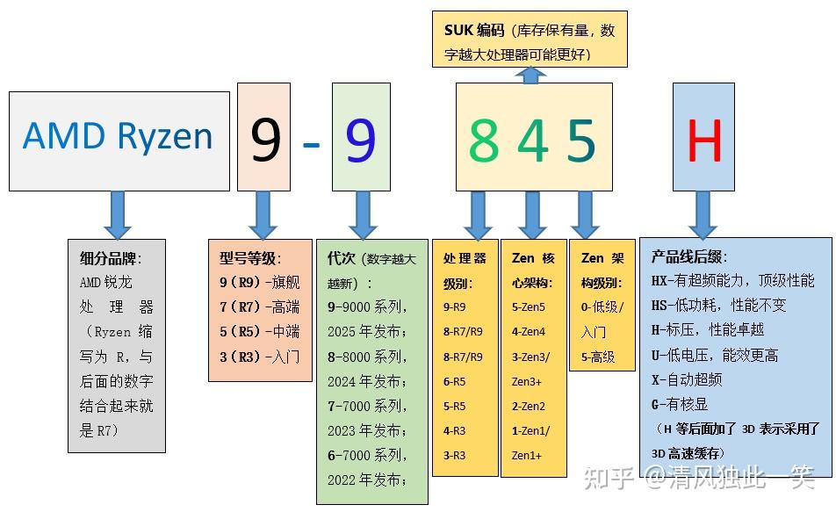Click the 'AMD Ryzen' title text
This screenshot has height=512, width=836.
pyautogui.click(x=118, y=137)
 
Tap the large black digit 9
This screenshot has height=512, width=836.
pyautogui.click(x=264, y=140)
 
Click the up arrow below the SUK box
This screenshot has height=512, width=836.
pyautogui.click(x=530, y=76)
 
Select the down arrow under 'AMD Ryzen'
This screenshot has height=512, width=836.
pyautogui.click(x=117, y=214)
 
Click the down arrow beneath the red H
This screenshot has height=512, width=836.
pyautogui.click(x=703, y=214)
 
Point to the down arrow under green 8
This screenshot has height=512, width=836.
pyautogui.click(x=478, y=214)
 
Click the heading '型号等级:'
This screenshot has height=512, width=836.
pyautogui.click(x=250, y=258)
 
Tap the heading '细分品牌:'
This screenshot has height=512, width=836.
pyautogui.click(x=110, y=259)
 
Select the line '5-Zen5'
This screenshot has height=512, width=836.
pyautogui.click(x=529, y=307)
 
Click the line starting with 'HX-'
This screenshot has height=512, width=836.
pyautogui.click(x=732, y=281)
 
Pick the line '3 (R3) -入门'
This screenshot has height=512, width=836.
pyautogui.click(x=259, y=357)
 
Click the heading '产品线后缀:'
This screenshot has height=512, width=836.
pyautogui.click(x=689, y=257)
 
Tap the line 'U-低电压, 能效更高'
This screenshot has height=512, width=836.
pyautogui.click(x=714, y=355)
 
